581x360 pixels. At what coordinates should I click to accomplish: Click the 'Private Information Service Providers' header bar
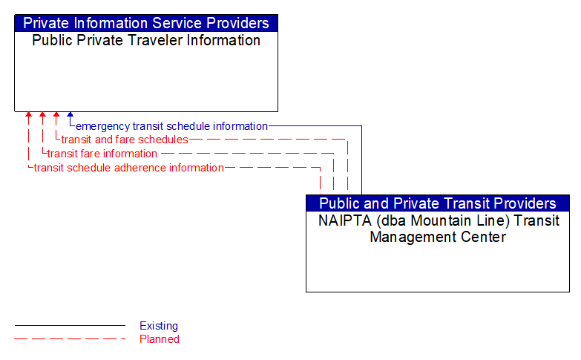(146, 23)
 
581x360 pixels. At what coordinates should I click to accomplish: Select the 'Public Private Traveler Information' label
(146, 40)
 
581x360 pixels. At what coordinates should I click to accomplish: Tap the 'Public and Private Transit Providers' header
(438, 203)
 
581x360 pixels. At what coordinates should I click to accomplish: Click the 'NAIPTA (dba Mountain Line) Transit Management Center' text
(438, 229)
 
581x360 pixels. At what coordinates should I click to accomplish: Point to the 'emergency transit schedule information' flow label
(171, 126)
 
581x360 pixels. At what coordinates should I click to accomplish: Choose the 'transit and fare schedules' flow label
(125, 140)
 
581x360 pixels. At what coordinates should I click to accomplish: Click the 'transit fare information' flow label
(102, 154)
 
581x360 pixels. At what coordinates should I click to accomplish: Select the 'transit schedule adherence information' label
(129, 168)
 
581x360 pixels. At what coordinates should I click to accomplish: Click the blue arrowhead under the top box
(70, 115)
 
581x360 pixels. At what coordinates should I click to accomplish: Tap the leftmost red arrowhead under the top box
(28, 115)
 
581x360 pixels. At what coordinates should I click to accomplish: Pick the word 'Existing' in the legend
(159, 326)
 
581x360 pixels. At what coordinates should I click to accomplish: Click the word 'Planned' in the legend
(160, 339)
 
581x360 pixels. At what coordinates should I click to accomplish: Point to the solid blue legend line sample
(70, 326)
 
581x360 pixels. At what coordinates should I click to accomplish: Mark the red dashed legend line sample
(70, 339)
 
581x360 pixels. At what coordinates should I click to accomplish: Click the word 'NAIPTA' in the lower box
(342, 220)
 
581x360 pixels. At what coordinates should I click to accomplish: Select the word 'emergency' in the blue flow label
(102, 126)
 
